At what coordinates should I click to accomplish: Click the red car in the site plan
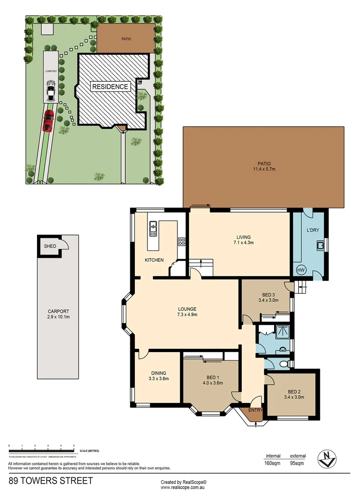click(48, 121)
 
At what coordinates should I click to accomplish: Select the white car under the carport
click(50, 91)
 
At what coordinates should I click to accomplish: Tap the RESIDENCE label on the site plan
click(110, 86)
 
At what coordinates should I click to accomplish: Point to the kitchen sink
click(153, 228)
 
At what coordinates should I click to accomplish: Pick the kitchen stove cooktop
click(182, 241)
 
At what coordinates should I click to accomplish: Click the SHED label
click(50, 246)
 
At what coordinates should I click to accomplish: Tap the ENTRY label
click(256, 410)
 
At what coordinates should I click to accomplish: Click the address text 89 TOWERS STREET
click(50, 481)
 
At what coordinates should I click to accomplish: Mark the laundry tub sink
click(318, 245)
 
